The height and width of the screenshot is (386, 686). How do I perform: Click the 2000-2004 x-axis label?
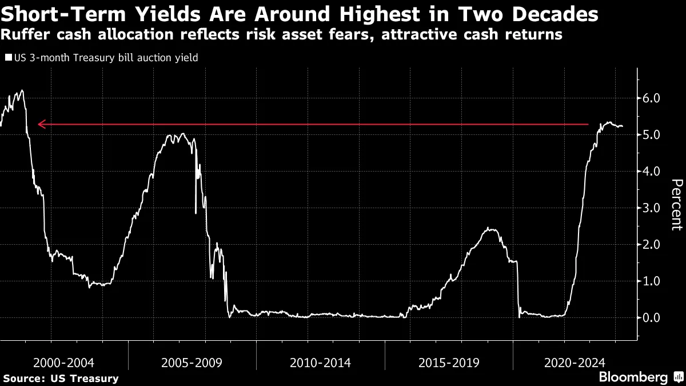coord(64,362)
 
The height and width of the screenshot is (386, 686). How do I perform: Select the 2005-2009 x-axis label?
coord(192,362)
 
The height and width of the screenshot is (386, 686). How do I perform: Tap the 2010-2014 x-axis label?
coord(321,362)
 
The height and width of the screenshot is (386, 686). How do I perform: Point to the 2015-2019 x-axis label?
coord(449,362)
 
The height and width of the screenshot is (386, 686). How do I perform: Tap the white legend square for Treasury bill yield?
coord(7,58)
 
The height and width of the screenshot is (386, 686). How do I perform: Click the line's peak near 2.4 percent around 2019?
coord(488,229)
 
